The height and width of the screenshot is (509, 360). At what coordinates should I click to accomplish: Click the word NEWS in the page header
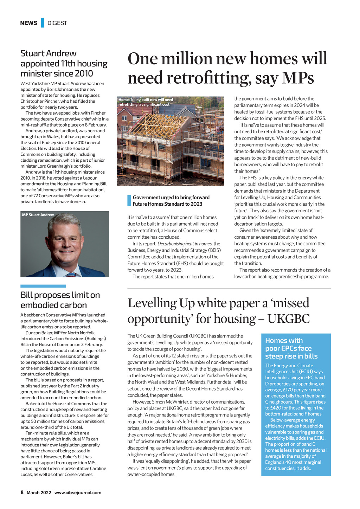pyautogui.click(x=28, y=23)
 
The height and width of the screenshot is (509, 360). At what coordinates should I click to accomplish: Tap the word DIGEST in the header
pyautogui.click(x=57, y=23)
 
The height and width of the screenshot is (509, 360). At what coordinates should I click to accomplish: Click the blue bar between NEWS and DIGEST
pyautogui.click(x=43, y=23)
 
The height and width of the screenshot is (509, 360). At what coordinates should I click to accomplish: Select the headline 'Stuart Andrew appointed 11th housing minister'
pyautogui.click(x=64, y=64)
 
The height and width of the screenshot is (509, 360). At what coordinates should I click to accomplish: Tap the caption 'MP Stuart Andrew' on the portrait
pyautogui.click(x=38, y=215)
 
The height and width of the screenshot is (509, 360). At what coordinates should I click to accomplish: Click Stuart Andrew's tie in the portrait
pyautogui.click(x=71, y=275)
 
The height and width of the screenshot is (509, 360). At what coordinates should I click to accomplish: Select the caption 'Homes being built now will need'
pyautogui.click(x=146, y=100)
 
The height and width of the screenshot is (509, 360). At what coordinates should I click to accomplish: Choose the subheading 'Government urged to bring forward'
pyautogui.click(x=171, y=198)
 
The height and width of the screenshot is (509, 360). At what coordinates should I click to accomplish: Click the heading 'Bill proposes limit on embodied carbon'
pyautogui.click(x=60, y=300)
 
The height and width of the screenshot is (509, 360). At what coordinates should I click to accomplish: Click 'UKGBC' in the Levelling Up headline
pyautogui.click(x=288, y=319)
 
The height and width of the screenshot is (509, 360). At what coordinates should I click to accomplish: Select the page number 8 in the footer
pyautogui.click(x=22, y=492)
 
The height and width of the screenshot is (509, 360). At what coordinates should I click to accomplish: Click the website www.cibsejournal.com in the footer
pyautogui.click(x=78, y=492)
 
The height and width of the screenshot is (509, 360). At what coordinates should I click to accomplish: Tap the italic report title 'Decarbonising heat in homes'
pyautogui.click(x=185, y=244)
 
